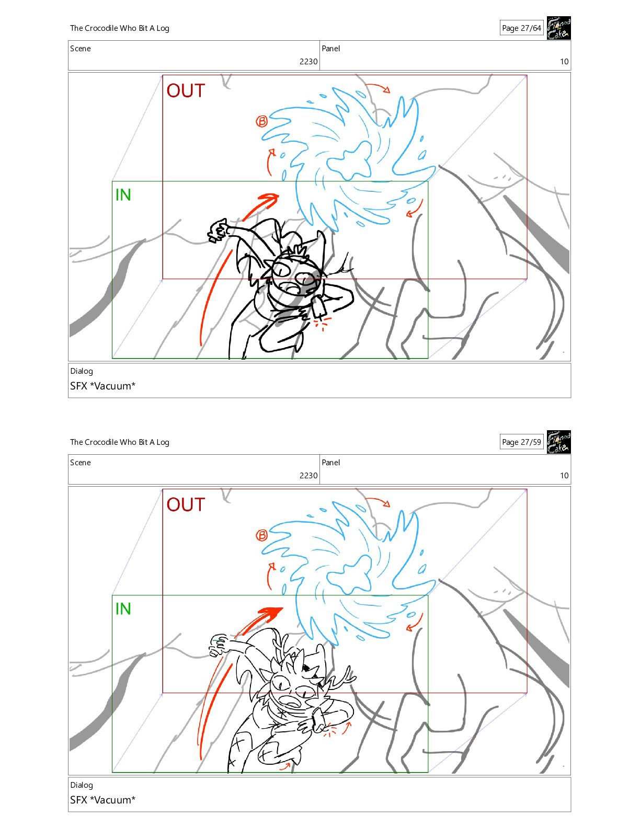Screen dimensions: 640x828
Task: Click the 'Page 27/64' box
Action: [x=521, y=28]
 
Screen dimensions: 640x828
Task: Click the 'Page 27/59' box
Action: [x=521, y=442]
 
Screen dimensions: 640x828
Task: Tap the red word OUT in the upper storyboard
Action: [x=186, y=90]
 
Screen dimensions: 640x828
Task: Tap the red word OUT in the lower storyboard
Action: [x=186, y=504]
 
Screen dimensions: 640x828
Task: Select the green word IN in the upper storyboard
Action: [x=123, y=194]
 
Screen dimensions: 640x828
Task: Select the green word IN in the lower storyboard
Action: [x=123, y=608]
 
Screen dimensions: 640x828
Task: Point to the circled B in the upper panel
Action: [x=261, y=122]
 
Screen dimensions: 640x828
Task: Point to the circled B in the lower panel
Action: [x=261, y=535]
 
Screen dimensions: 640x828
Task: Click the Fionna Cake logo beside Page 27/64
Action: [x=558, y=28]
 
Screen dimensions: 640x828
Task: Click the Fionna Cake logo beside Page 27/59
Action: [x=558, y=442]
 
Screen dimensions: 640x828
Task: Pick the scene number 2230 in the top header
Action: [x=308, y=61]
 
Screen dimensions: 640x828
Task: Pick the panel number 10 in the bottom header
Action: [x=564, y=475]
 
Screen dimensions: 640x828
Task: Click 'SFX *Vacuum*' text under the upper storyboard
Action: [x=102, y=386]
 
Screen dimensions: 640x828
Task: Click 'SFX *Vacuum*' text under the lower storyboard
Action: [x=102, y=800]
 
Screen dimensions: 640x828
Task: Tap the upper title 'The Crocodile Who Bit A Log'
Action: [x=120, y=28]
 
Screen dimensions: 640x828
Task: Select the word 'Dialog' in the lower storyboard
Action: [x=82, y=785]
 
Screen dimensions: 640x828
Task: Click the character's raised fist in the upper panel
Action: [x=218, y=231]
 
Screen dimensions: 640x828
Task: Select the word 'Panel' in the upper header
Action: [x=330, y=49]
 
